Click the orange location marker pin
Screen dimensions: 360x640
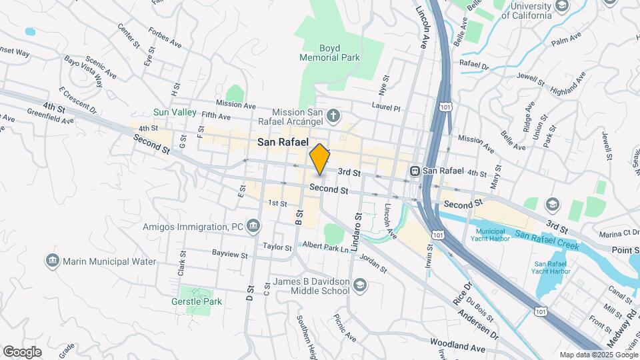(319, 159)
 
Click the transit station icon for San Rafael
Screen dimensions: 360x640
(414, 171)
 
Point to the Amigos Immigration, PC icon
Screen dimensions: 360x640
(253, 227)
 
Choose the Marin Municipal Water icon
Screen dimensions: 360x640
(53, 261)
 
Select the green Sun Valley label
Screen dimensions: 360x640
(175, 112)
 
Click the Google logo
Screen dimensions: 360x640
(21, 352)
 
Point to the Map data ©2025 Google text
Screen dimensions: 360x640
(597, 355)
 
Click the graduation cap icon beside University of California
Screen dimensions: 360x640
(562, 6)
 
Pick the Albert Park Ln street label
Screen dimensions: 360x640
(326, 247)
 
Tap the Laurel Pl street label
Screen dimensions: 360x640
(386, 108)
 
